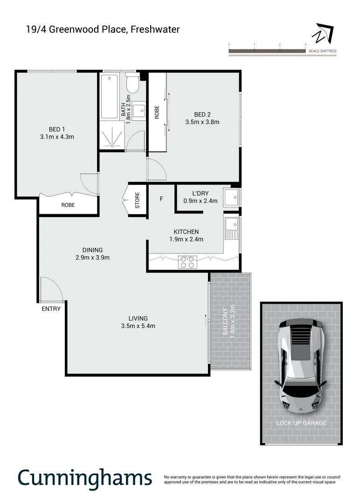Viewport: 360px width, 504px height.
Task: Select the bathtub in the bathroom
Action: point(109,97)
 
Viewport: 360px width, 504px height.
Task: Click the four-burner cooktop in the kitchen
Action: point(187,262)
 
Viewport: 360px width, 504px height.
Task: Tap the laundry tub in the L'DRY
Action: point(231,197)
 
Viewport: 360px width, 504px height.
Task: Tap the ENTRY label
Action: point(51,308)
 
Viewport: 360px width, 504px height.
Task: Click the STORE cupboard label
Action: point(138,200)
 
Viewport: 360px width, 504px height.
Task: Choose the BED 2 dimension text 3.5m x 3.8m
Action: point(202,122)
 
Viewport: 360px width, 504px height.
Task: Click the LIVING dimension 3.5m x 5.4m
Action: point(138,326)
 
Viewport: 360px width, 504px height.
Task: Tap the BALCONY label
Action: point(225,322)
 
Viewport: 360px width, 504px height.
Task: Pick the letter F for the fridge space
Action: point(161,199)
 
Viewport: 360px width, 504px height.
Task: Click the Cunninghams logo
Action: point(85,478)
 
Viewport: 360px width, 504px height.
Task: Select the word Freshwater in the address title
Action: point(155,29)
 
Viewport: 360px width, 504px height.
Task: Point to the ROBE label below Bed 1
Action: point(68,205)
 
